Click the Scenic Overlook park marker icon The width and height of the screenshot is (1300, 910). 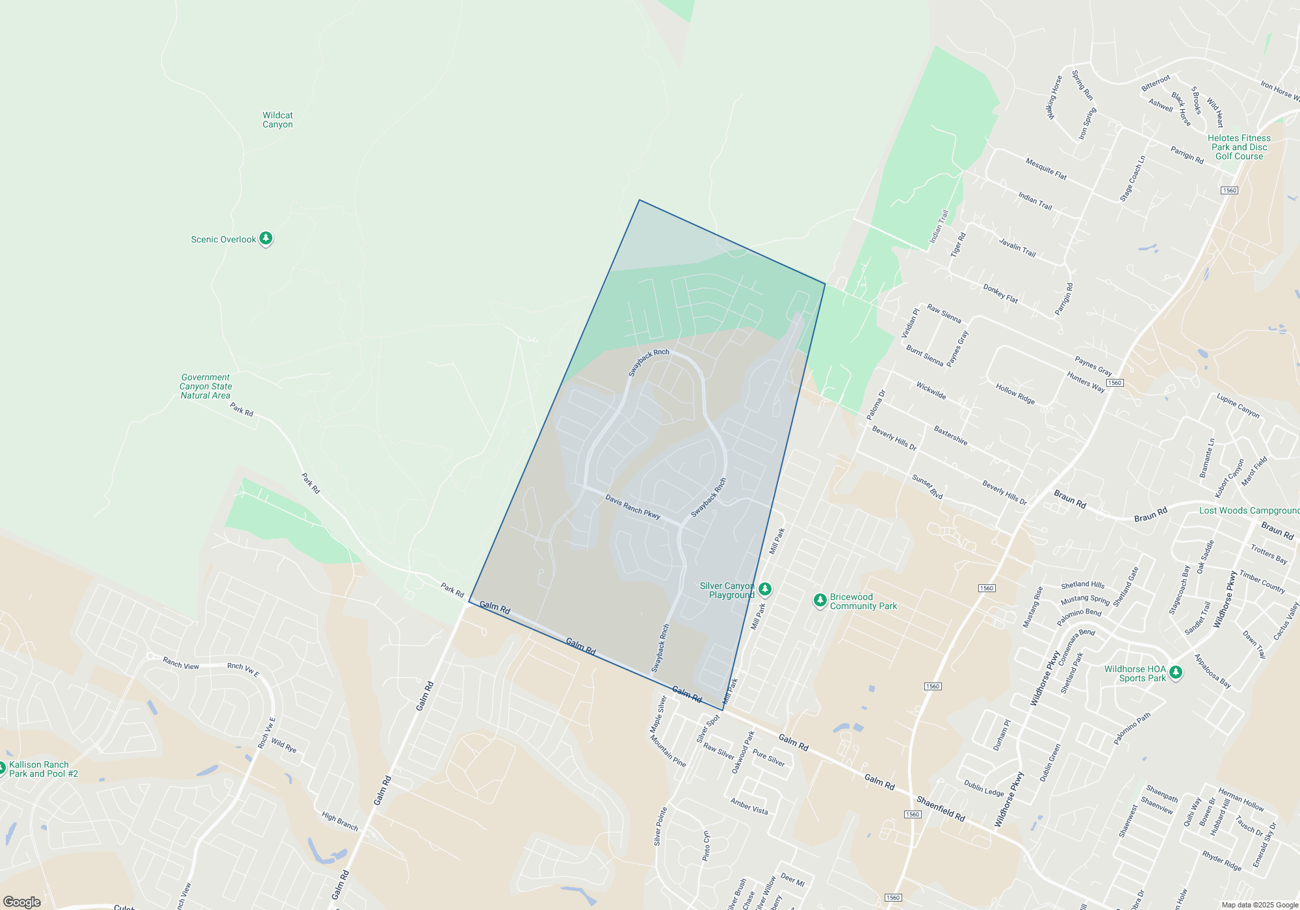tap(265, 239)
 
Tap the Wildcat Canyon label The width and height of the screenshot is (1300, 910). tap(278, 120)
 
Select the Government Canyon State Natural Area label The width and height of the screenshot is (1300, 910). tap(205, 386)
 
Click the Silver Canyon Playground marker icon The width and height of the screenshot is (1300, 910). tap(765, 589)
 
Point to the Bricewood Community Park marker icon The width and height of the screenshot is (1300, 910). tap(820, 600)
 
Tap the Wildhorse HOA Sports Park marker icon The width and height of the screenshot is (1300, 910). tap(1175, 672)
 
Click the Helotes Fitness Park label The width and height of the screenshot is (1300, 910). tap(1239, 147)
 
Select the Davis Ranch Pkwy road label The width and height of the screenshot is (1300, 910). tap(632, 507)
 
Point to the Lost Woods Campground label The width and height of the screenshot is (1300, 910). tap(1249, 510)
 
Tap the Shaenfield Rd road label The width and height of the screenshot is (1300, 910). tap(941, 809)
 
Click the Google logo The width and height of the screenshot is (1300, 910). tap(22, 902)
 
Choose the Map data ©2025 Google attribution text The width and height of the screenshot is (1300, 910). tap(1259, 905)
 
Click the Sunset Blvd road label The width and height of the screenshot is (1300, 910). tap(927, 487)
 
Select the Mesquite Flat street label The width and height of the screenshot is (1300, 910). tap(1046, 169)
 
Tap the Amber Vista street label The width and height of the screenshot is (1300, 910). tap(749, 807)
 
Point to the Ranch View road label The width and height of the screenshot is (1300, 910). tap(181, 664)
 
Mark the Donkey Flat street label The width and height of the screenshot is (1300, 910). tap(1000, 294)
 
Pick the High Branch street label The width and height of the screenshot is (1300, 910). tap(340, 821)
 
